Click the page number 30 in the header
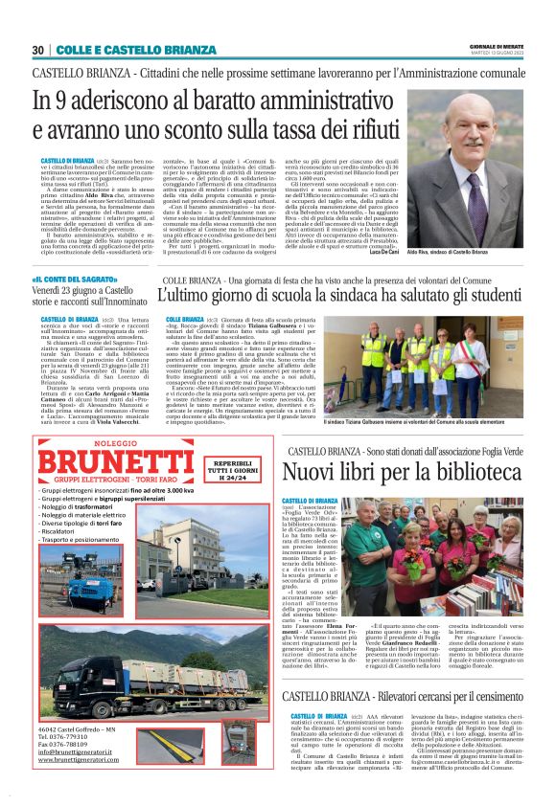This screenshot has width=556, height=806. [x=37, y=50]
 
